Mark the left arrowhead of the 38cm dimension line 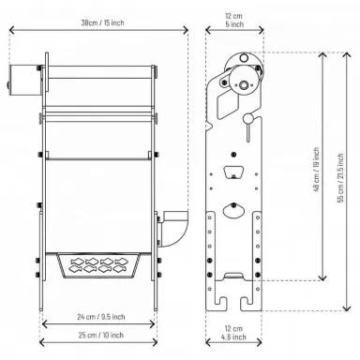[x=11, y=29]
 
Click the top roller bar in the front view [x=97, y=70]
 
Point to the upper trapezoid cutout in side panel [x=233, y=172]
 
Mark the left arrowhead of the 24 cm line [x=43, y=304]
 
